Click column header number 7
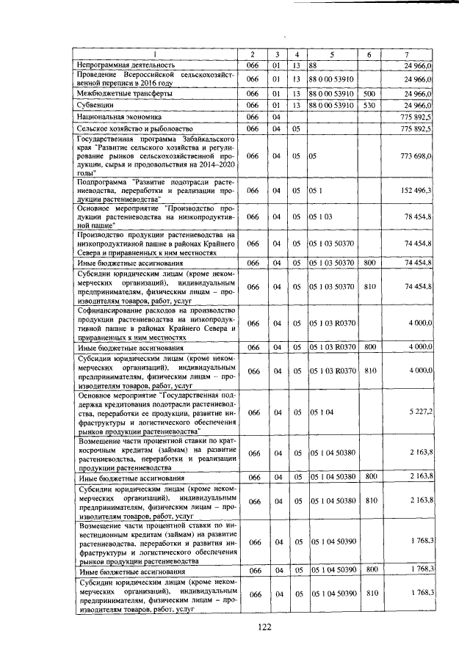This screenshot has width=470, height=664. click(x=407, y=55)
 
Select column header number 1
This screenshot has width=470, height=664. click(x=155, y=55)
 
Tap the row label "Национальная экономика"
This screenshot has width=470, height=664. click(x=120, y=117)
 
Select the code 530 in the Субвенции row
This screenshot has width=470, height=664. click(x=369, y=106)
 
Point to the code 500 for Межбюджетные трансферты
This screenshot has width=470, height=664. click(x=369, y=94)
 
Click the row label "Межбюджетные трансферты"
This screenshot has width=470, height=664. click(x=126, y=94)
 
